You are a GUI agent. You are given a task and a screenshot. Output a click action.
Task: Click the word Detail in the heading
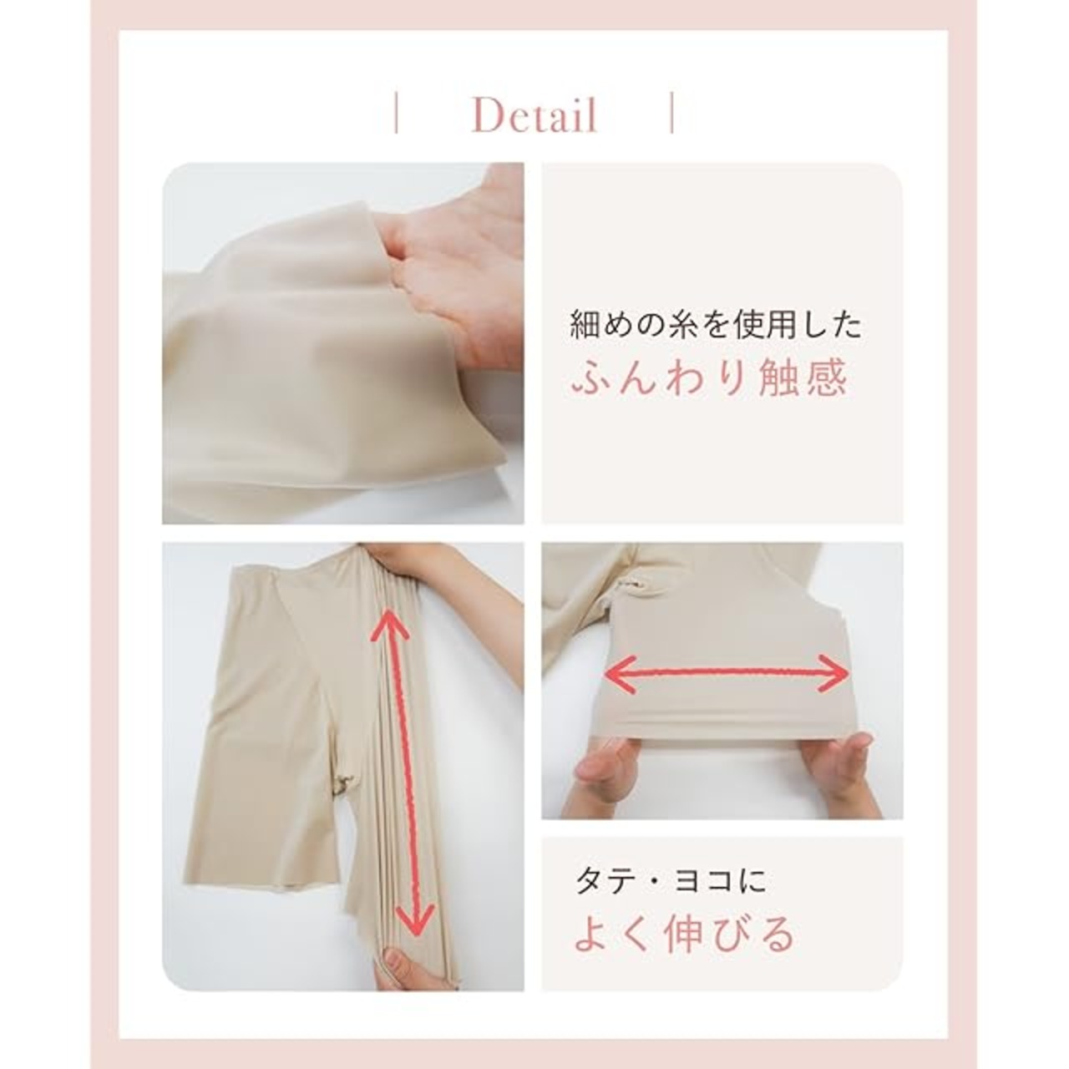point(534,115)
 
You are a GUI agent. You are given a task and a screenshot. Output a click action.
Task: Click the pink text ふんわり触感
point(709,378)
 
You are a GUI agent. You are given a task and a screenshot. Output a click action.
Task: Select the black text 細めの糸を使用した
point(716,326)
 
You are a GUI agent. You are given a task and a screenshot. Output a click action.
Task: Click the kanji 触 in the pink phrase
point(779,378)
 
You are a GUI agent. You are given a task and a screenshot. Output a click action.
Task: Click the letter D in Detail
point(487,115)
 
